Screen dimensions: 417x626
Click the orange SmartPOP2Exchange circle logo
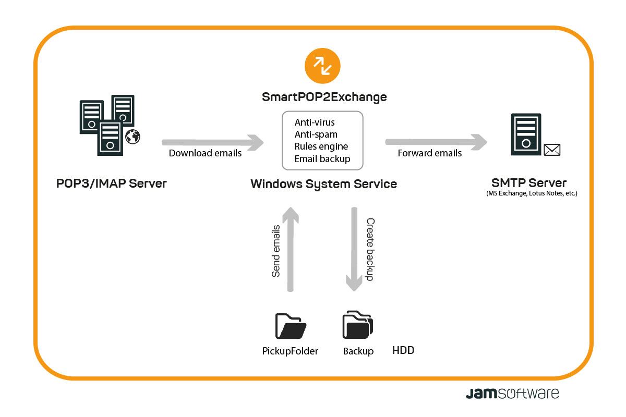click(x=322, y=66)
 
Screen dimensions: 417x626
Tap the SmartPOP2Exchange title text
click(x=324, y=97)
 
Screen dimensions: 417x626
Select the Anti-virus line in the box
click(x=315, y=122)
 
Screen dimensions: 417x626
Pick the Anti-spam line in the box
click(x=316, y=134)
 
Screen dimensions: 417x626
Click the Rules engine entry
click(x=321, y=146)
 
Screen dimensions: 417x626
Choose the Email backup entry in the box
click(x=322, y=158)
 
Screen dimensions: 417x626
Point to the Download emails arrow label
click(x=205, y=153)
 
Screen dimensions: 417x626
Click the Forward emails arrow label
click(x=429, y=153)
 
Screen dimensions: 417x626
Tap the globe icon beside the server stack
click(x=133, y=137)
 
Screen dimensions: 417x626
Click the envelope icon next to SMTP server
click(x=551, y=150)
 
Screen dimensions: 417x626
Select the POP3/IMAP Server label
click(x=112, y=183)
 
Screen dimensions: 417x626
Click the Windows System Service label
click(x=323, y=184)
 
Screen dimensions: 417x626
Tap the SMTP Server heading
click(x=528, y=183)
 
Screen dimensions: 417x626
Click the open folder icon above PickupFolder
click(x=290, y=326)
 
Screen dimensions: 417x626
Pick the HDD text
click(x=403, y=350)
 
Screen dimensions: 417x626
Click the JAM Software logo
click(x=512, y=393)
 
